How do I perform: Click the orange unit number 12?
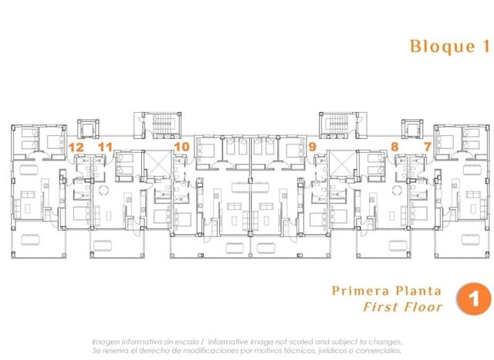(x=76, y=148)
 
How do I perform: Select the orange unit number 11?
(x=105, y=147)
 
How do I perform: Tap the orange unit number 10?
(x=182, y=147)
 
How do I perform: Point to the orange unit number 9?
(x=312, y=147)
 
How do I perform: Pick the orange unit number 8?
(x=394, y=147)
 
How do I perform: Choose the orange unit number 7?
(x=428, y=147)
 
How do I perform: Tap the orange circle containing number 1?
(x=473, y=298)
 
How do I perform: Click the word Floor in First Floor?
(x=424, y=307)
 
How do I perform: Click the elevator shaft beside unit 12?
(x=88, y=128)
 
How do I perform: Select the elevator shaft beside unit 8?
(x=412, y=128)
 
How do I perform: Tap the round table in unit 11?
(x=103, y=190)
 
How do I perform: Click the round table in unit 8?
(x=397, y=190)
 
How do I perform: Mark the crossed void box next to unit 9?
(x=342, y=163)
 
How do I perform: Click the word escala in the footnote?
(x=187, y=341)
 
